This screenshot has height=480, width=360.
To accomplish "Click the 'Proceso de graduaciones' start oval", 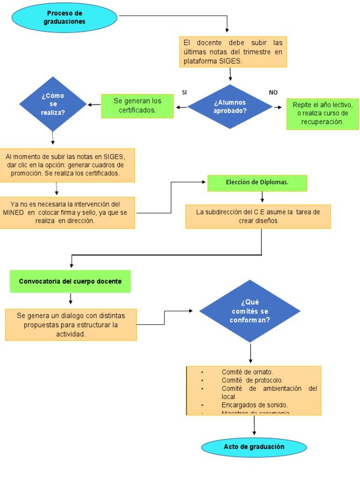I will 65,18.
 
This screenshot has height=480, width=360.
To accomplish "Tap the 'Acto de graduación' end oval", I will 254,447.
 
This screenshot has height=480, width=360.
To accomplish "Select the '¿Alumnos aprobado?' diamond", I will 230,107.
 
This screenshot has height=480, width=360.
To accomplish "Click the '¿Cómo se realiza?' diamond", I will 52,104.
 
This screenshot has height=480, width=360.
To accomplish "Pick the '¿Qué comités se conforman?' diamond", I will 250,311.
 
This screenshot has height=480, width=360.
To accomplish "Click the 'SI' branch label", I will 185,92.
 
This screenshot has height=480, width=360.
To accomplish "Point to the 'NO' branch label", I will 273,92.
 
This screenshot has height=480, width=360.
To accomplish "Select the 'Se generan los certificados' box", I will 137,105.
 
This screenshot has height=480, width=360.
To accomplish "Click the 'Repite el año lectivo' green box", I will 322,113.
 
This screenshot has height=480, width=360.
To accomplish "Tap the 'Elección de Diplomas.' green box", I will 257,183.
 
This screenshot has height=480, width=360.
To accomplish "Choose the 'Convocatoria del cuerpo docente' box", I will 70,281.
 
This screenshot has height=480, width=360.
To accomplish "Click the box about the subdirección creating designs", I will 258,216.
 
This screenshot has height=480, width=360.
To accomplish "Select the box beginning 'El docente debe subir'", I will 233,52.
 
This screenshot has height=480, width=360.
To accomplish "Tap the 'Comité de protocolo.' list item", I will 252,380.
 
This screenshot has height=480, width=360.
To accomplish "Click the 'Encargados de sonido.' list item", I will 255,405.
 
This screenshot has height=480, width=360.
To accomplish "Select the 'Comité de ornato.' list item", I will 247,372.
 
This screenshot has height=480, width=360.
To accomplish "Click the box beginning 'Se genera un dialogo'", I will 71,324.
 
